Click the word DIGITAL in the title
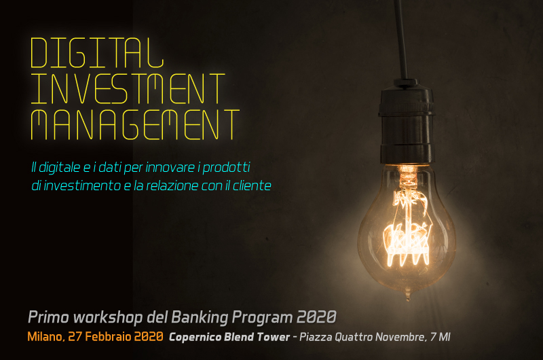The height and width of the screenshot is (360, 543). pyautogui.click(x=97, y=53)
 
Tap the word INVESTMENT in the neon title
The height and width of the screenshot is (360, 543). pyautogui.click(x=128, y=89)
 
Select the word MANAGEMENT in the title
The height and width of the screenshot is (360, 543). pyautogui.click(x=135, y=125)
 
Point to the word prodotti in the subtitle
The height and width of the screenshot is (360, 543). pyautogui.click(x=226, y=168)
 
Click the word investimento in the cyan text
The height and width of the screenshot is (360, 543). pyautogui.click(x=81, y=185)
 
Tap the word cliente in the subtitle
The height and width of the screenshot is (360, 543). pyautogui.click(x=252, y=185)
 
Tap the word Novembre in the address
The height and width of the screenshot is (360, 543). pyautogui.click(x=401, y=337)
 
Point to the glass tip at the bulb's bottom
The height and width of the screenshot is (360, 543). pyautogui.click(x=408, y=297)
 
